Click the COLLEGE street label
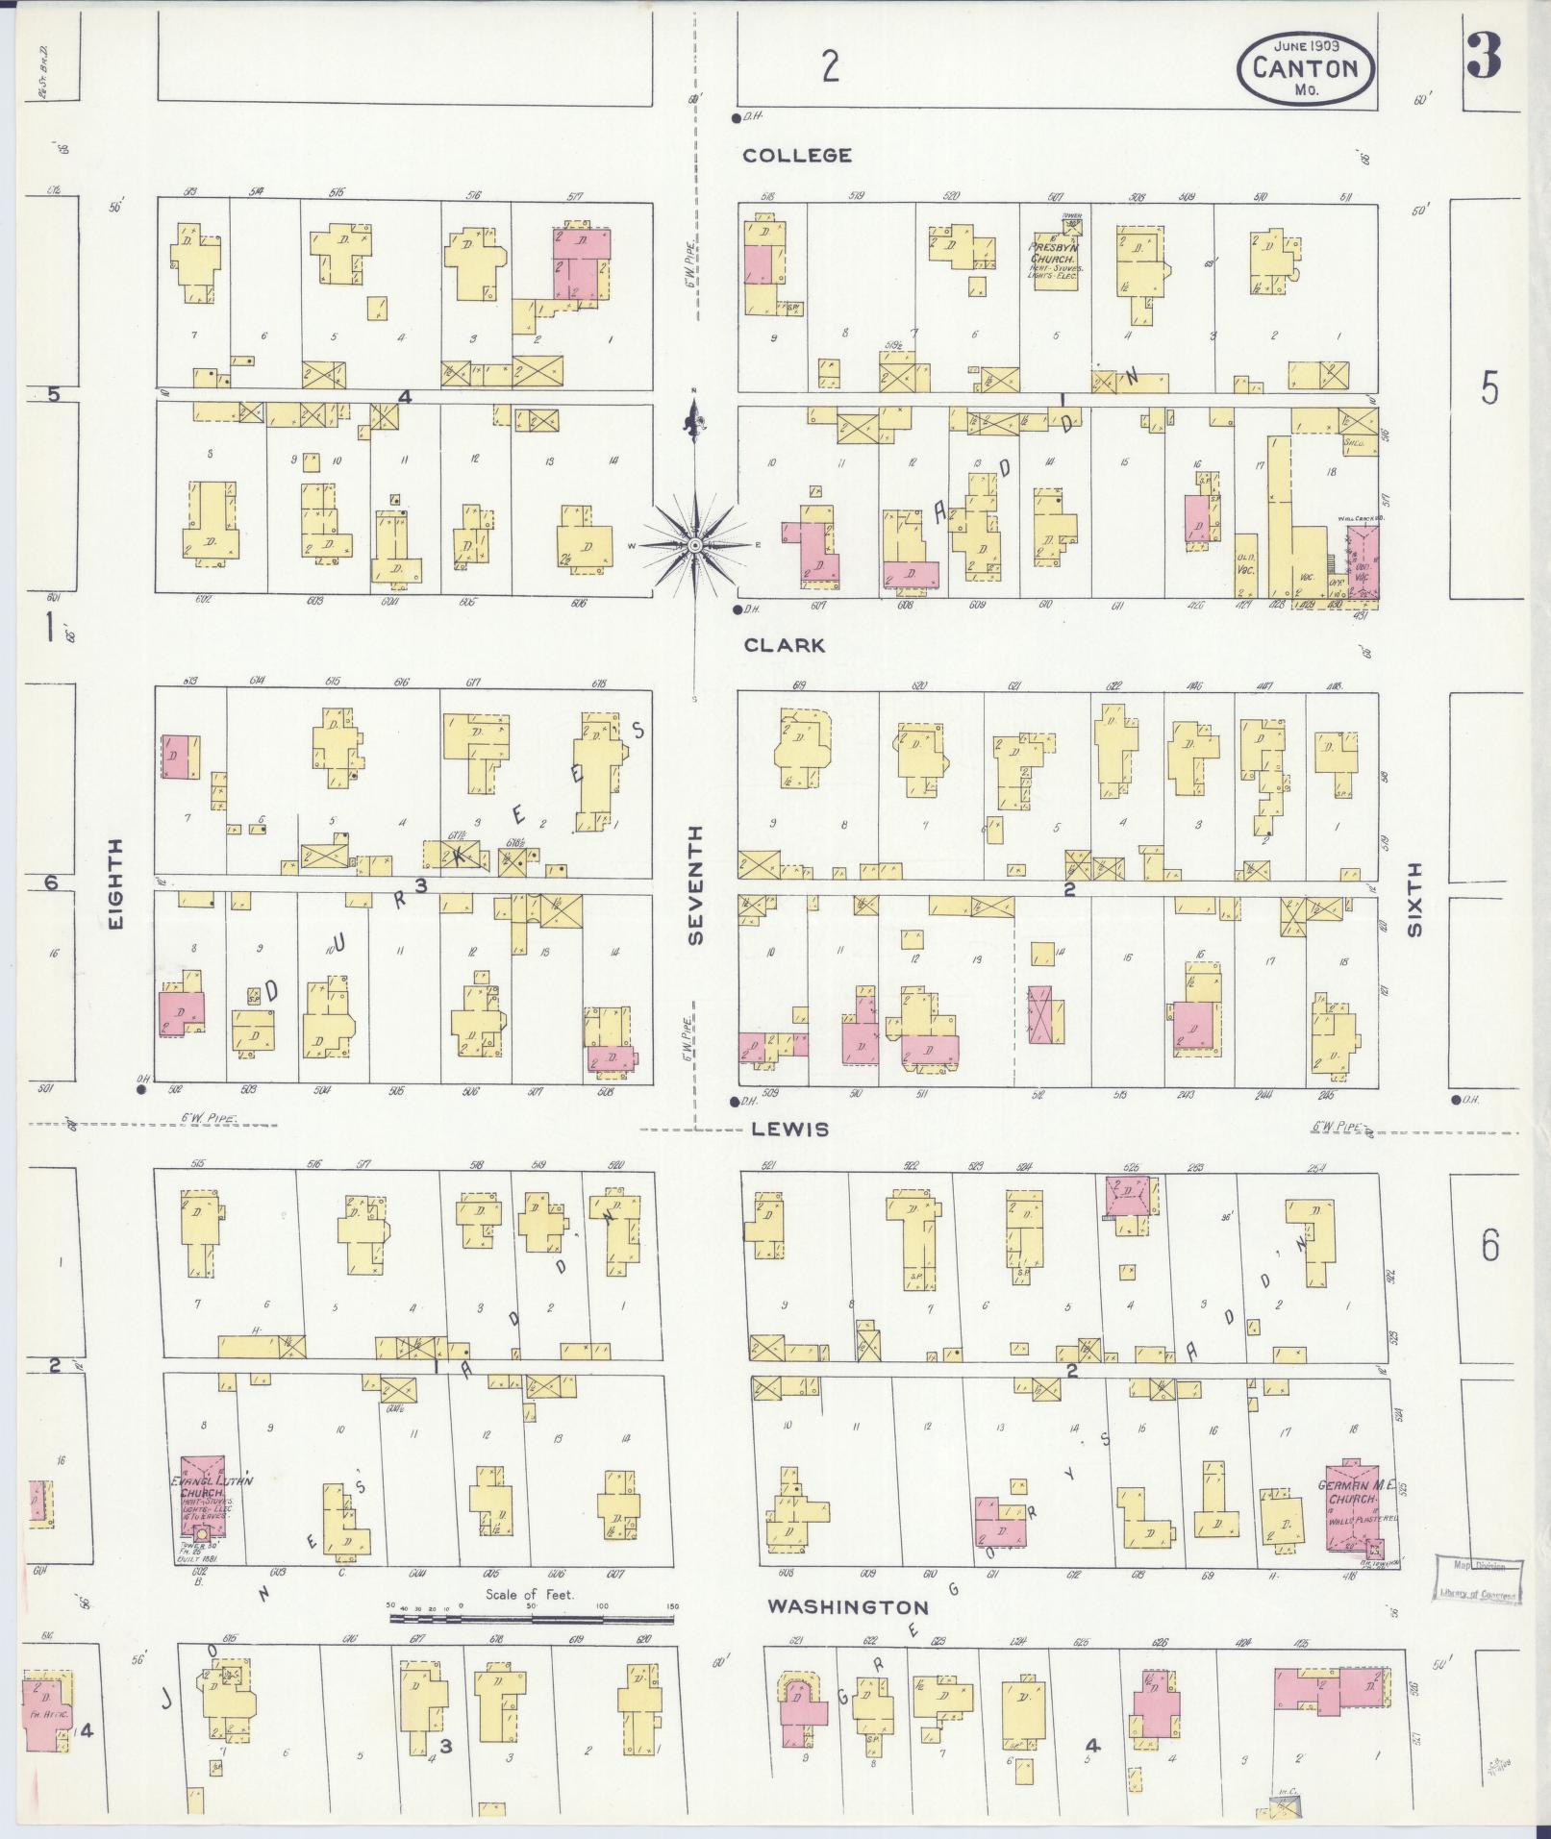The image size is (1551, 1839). point(797,155)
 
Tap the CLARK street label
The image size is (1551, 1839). point(785,645)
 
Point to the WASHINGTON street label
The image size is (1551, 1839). point(847,1606)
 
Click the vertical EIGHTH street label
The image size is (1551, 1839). point(116,883)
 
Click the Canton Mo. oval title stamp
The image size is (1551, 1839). point(1306,67)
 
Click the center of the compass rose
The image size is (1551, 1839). point(694,545)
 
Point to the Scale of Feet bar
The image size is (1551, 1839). point(532,1620)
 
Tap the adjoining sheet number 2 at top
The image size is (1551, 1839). point(830,66)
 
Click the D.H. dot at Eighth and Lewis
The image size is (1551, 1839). point(141,1089)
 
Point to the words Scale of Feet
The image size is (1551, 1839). point(530,1594)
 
